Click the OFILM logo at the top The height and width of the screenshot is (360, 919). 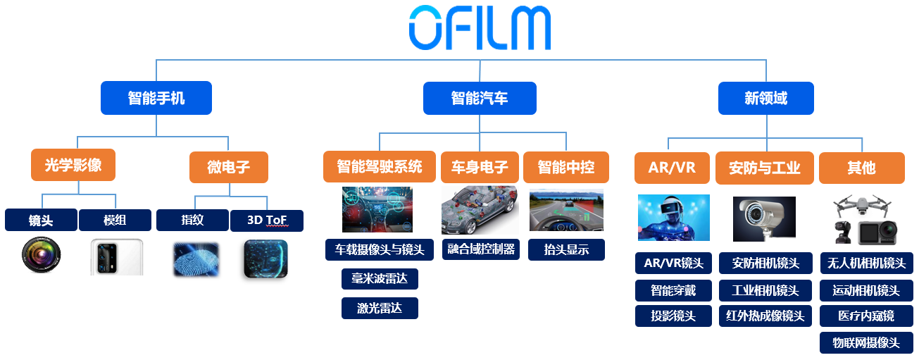(480, 29)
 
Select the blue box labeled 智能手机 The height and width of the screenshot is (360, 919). (156, 98)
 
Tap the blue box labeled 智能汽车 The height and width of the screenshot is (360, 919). (480, 98)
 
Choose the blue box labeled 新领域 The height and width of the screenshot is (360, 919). (765, 98)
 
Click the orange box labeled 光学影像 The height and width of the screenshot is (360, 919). (73, 166)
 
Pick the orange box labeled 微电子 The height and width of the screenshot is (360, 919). (228, 168)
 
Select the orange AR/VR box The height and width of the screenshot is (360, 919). (671, 168)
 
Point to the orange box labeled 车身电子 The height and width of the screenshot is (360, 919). (480, 168)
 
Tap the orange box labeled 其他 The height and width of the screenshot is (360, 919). (861, 168)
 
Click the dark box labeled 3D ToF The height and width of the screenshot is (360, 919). (266, 221)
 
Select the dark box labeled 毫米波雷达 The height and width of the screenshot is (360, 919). (380, 279)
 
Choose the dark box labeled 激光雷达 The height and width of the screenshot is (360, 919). (380, 308)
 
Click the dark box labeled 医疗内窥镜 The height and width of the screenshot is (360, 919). (866, 316)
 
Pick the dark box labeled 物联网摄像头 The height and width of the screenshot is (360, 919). (866, 343)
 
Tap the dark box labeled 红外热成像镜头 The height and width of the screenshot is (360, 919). (765, 316)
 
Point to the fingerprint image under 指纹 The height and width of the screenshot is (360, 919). (195, 259)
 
